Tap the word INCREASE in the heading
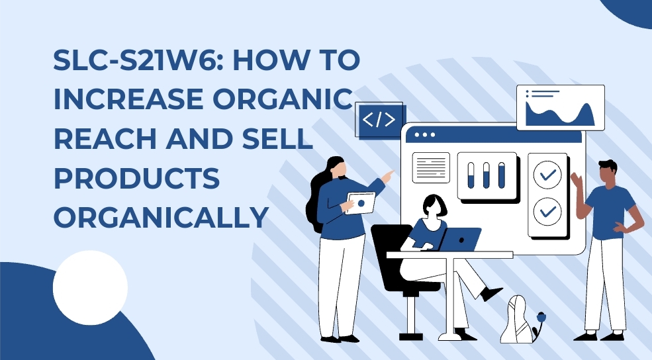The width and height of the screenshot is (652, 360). [x=128, y=99]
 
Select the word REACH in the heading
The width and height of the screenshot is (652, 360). [x=105, y=138]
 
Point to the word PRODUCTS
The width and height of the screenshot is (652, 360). [x=137, y=178]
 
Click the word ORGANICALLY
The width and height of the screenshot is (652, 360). [x=162, y=217]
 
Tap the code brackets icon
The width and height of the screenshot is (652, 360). [x=379, y=120]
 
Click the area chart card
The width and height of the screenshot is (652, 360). [x=561, y=108]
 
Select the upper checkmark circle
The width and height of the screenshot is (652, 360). [x=547, y=175]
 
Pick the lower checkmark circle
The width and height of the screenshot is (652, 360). [x=547, y=212]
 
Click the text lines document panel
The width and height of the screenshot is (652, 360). [x=431, y=167]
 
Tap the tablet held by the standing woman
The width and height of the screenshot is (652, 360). [x=360, y=203]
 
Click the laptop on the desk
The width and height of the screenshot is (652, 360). [x=460, y=240]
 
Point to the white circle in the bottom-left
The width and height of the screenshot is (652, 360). [x=90, y=288]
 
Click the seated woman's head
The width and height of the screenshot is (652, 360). [x=434, y=205]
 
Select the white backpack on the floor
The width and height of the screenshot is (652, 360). [x=517, y=320]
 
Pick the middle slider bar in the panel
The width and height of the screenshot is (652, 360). [x=486, y=175]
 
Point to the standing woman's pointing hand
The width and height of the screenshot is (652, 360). [x=387, y=177]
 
